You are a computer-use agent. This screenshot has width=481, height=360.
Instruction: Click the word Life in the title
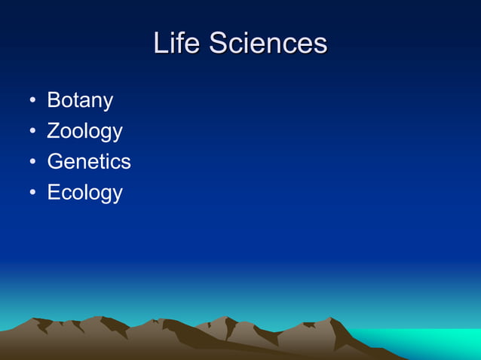point(177,43)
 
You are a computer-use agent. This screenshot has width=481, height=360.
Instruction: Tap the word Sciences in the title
point(268,43)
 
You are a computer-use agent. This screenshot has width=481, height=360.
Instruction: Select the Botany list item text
point(80,100)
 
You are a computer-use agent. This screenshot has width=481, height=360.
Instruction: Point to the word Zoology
point(84,131)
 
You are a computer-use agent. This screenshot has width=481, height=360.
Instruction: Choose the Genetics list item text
point(89,161)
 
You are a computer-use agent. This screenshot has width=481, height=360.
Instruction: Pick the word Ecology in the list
point(84,192)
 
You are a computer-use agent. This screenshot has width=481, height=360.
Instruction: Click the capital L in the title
point(161,43)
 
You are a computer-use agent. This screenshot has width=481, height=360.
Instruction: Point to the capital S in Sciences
point(219,43)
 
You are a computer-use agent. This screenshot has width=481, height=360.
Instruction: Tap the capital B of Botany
point(54,100)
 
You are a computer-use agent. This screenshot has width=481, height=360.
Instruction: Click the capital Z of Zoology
point(54,131)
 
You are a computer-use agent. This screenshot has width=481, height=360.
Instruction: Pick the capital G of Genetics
point(55,161)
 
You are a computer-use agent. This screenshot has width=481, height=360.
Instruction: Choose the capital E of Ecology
point(54,192)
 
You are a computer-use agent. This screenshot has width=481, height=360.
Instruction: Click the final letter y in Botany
point(108,102)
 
